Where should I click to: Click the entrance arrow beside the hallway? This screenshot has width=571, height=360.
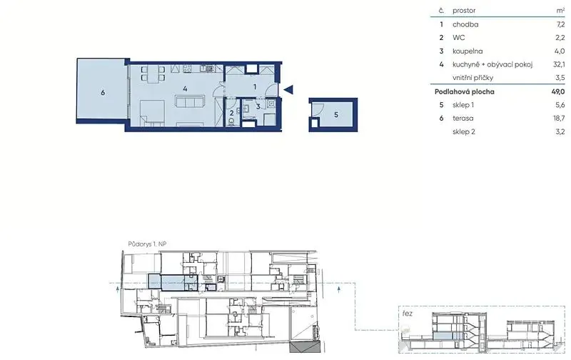[288, 89]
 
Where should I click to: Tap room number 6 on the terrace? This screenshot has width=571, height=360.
[103, 93]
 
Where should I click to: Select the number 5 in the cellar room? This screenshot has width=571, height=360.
[335, 115]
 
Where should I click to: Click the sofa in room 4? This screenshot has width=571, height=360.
[189, 101]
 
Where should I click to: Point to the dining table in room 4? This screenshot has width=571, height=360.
[153, 73]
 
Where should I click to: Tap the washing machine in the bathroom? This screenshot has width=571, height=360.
[271, 104]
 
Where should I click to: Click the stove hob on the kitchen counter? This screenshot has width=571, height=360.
[187, 68]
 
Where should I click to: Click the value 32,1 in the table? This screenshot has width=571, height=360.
[559, 64]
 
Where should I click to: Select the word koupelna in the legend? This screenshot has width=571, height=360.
[468, 51]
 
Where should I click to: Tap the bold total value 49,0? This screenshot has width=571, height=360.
[558, 91]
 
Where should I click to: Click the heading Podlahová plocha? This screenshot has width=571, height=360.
[465, 91]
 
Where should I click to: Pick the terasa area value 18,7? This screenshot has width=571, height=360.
[559, 118]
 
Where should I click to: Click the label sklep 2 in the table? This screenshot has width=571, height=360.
[464, 131]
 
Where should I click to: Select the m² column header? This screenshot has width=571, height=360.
[560, 11]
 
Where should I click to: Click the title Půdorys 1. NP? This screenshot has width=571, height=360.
[147, 244]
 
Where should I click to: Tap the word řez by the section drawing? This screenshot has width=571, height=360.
[408, 314]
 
